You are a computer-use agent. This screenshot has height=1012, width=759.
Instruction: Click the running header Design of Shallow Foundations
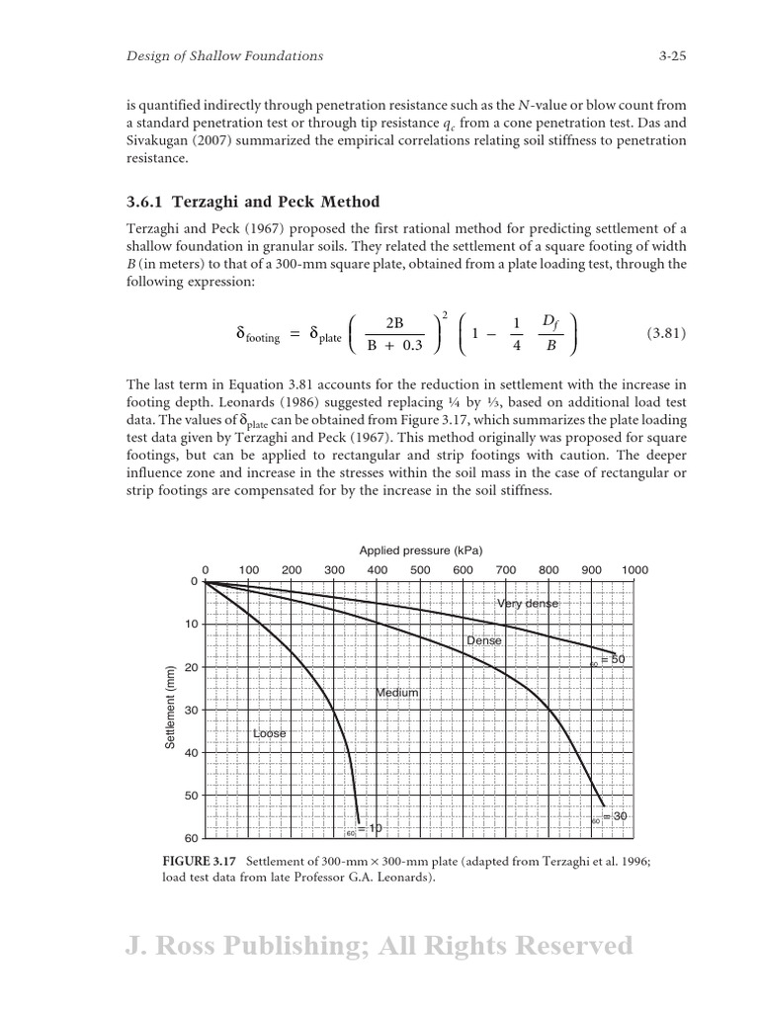[x=224, y=56]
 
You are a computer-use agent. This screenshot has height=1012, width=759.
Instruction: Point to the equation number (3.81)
[x=666, y=334]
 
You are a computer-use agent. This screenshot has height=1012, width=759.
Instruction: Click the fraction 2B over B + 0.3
[x=394, y=334]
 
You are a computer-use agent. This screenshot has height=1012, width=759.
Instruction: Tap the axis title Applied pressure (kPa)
[x=421, y=550]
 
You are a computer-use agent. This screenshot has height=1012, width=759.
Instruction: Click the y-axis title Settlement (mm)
[x=170, y=708]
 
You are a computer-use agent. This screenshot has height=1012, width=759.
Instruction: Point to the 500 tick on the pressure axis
[x=420, y=570]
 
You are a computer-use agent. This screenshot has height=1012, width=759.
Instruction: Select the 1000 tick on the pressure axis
[x=634, y=570]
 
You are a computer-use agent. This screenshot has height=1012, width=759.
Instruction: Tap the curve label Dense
[x=484, y=640]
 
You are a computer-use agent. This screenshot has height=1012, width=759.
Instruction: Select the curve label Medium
[x=397, y=693]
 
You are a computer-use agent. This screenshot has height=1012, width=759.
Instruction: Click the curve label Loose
[x=269, y=733]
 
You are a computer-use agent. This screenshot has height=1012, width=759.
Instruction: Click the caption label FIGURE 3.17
[x=201, y=861]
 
